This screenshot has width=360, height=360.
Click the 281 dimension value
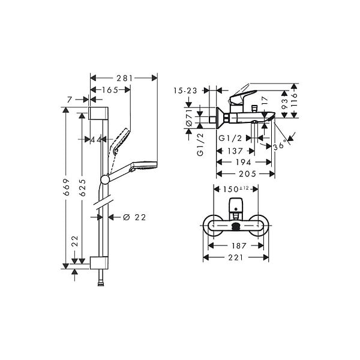[x=125, y=78]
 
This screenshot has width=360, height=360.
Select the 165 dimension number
[x=110, y=90]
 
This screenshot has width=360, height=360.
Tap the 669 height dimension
[x=66, y=187]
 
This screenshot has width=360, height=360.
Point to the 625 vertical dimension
[x=82, y=188]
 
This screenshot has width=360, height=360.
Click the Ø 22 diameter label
[x=134, y=217]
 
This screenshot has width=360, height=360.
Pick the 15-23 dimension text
[x=185, y=91]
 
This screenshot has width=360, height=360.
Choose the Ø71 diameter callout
[x=189, y=118]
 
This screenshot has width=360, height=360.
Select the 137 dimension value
[x=235, y=151]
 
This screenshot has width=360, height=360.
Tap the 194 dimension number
[x=244, y=163]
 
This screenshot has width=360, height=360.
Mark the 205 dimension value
[x=248, y=174]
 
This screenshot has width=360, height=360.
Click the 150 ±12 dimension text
[x=236, y=189]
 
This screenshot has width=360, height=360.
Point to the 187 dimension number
[x=239, y=246]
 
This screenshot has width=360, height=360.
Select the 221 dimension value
[x=236, y=257]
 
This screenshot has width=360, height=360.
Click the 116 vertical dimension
[x=294, y=99]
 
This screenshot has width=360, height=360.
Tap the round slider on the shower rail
[x=105, y=179]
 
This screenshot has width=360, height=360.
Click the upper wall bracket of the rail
[x=98, y=113]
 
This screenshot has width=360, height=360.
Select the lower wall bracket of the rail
[x=99, y=263]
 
